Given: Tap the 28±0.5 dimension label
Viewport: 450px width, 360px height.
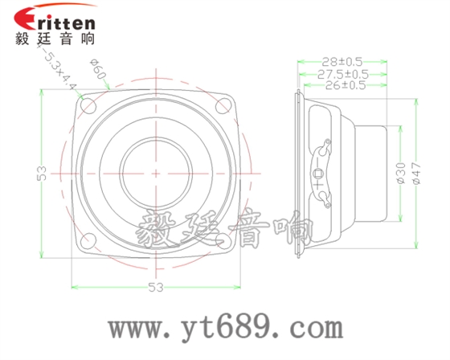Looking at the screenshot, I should [341, 61].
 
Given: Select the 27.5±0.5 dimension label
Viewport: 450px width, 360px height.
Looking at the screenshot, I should [341, 73].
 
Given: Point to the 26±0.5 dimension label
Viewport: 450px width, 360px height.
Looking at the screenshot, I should [341, 84].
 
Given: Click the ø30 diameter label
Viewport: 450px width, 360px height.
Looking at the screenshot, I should [401, 173].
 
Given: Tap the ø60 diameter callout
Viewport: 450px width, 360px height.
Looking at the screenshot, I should [99, 72].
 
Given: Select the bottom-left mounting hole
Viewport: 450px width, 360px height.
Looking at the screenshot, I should [88, 239].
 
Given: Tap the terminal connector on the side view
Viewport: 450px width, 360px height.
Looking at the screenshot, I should [322, 173].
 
